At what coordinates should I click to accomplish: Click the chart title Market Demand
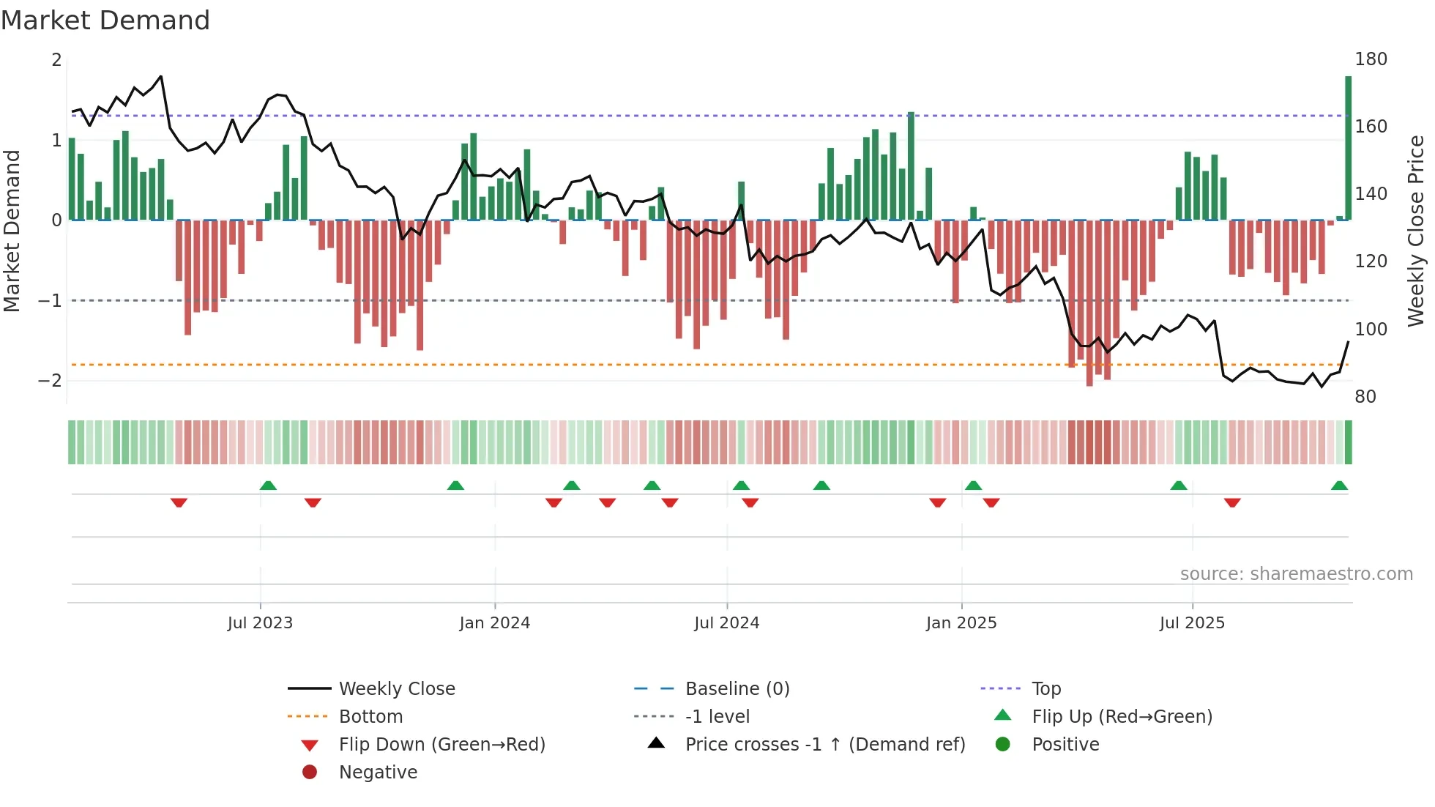click(105, 21)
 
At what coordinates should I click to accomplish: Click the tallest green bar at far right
click(1348, 146)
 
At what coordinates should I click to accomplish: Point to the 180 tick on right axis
click(1371, 59)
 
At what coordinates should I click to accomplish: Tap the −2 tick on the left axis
click(50, 381)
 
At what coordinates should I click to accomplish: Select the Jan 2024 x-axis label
click(494, 623)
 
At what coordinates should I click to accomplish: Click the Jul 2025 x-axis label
click(1192, 623)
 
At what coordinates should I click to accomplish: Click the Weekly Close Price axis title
click(1416, 231)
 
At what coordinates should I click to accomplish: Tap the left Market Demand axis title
click(12, 231)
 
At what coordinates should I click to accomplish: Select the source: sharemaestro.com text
click(1296, 574)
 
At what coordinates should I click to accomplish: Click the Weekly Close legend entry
click(396, 689)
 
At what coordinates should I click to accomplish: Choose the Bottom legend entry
click(370, 717)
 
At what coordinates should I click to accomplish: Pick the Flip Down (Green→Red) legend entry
click(441, 745)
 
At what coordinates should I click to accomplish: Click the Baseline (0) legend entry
click(737, 689)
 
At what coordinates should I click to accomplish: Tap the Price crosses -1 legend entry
click(824, 745)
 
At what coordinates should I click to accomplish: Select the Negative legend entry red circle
click(310, 773)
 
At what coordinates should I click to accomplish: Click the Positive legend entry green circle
click(1003, 745)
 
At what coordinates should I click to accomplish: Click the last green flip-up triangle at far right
click(1339, 486)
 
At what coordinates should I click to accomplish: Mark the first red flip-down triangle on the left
click(179, 502)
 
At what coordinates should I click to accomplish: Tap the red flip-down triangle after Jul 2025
click(1232, 502)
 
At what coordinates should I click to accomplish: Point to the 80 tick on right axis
click(1365, 397)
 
